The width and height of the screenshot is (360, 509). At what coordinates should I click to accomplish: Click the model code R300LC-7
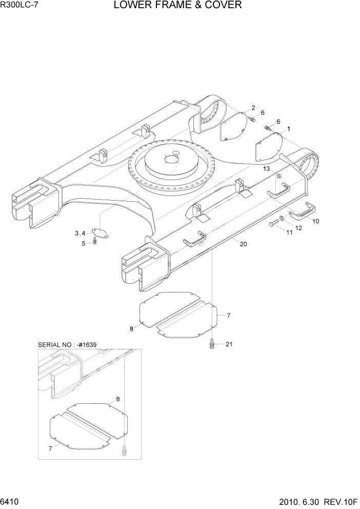click(20, 6)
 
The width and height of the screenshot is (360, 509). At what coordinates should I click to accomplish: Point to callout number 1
click(289, 129)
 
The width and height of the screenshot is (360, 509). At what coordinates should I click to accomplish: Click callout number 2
click(253, 108)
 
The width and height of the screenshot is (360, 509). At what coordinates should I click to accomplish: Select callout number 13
click(267, 169)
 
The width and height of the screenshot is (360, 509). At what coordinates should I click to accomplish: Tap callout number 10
click(315, 221)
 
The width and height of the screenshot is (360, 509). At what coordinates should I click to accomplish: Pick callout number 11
click(289, 232)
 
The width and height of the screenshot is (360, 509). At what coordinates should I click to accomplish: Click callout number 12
click(298, 227)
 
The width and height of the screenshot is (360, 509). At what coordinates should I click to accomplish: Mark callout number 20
click(243, 244)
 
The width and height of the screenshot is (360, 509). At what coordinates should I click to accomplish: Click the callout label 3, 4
click(79, 233)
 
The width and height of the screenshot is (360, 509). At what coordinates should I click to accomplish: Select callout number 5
click(84, 243)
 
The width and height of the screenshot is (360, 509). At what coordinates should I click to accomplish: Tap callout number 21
click(229, 344)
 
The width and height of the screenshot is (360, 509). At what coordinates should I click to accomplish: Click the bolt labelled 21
click(211, 345)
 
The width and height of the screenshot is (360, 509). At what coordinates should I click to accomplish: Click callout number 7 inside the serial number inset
click(50, 448)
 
